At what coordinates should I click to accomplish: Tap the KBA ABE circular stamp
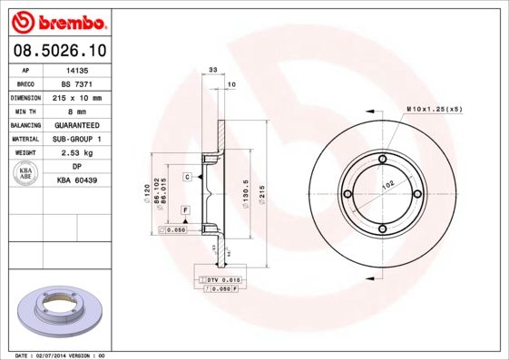tap(25, 174)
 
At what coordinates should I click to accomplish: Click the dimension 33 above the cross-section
tap(213, 69)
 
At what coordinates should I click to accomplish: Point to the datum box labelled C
tap(187, 176)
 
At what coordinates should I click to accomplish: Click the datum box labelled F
tap(185, 210)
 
